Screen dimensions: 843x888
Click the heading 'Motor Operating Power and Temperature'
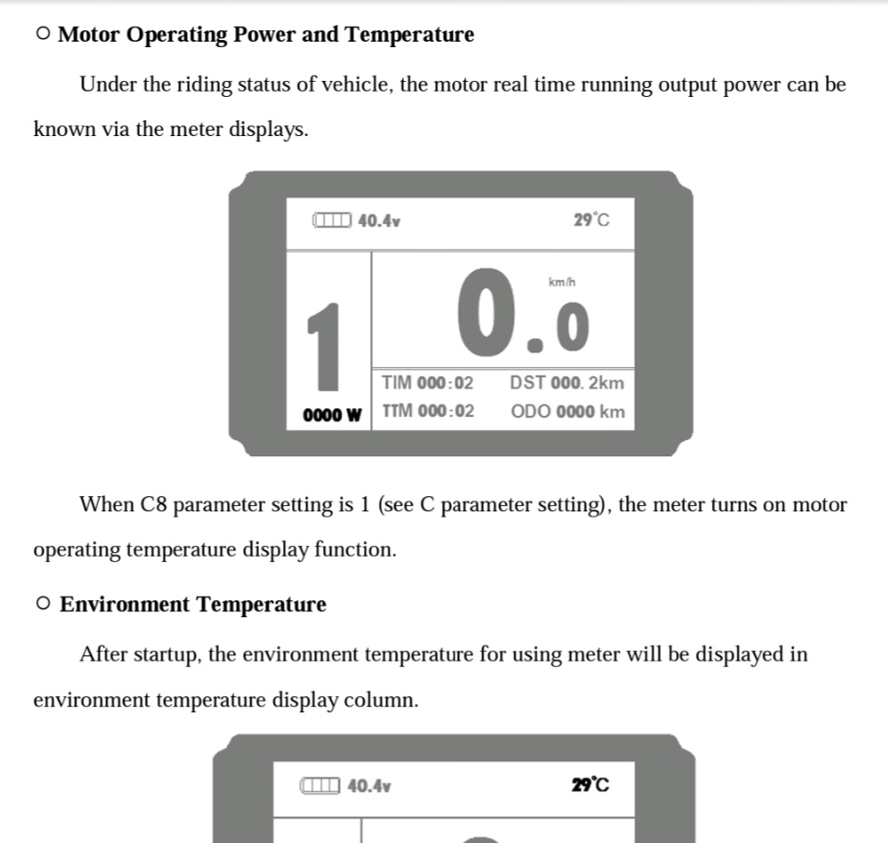click(x=265, y=35)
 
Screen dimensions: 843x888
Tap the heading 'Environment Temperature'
click(x=192, y=605)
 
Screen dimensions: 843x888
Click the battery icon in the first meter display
click(x=332, y=220)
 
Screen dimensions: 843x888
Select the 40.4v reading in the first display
click(x=379, y=220)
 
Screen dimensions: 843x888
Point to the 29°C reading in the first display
click(x=592, y=220)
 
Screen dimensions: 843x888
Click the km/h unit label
click(x=562, y=282)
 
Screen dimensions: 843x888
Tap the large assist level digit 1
click(x=326, y=346)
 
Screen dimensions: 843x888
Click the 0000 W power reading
click(x=332, y=414)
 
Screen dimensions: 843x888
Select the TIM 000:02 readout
click(x=428, y=383)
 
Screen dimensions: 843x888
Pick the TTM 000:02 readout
click(x=428, y=412)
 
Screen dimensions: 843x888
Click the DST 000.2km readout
click(x=567, y=383)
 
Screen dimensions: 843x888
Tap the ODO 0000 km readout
click(x=568, y=412)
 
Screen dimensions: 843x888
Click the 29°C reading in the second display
click(x=591, y=784)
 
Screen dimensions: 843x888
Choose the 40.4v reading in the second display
click(x=369, y=785)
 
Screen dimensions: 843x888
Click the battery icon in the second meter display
click(x=320, y=785)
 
